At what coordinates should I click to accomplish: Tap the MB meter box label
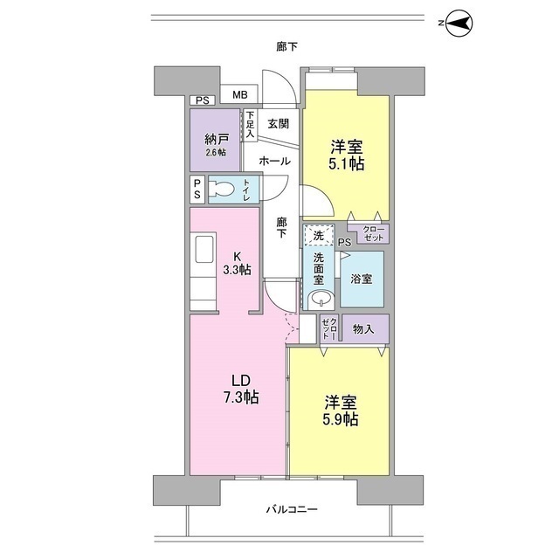(238, 95)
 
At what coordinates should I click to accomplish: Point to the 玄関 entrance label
(279, 124)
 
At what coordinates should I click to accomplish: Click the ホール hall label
(275, 162)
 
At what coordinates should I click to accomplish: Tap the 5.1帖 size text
(347, 163)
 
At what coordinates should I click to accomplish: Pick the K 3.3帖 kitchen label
(237, 263)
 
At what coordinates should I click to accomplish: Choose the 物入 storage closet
(364, 328)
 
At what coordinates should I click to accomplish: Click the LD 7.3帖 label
(241, 389)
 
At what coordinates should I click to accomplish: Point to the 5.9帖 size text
(341, 420)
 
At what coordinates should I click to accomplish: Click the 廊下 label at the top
(286, 46)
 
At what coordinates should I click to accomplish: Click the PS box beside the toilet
(197, 190)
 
